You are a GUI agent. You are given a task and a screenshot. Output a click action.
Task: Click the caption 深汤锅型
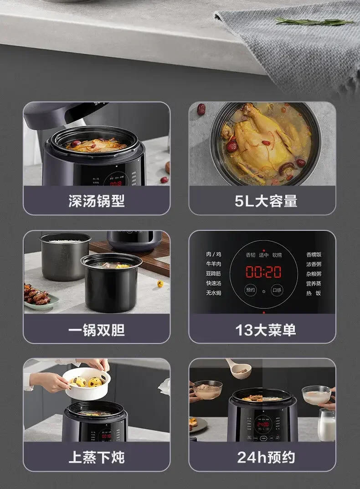97,201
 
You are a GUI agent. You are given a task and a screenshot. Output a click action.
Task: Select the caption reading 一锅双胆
97,330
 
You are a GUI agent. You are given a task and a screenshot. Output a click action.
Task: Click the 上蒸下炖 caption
97,458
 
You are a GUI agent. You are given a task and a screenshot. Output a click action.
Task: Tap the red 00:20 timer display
263,272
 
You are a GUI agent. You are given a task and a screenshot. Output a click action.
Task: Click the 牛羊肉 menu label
213,264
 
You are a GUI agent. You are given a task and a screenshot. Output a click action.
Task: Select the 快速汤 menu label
213,283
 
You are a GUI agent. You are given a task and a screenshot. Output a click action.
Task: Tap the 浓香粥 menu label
314,264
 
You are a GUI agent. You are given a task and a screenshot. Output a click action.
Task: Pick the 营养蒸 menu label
314,283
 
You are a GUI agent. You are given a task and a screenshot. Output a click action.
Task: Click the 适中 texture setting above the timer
263,255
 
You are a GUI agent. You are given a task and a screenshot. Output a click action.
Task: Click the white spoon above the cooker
239,369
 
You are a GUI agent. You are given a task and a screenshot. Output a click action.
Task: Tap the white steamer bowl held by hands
86,382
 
